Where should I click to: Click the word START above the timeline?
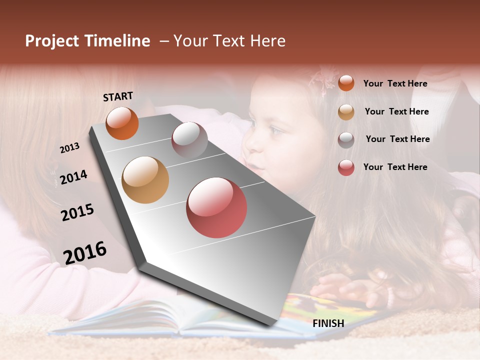tap(118, 96)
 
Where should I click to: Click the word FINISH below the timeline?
tap(328, 323)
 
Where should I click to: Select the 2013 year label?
tap(69, 147)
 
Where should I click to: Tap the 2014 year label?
tap(73, 177)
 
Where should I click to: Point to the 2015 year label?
tap(77, 212)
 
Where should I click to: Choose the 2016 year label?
tap(84, 252)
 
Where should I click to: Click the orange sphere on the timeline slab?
tap(122, 123)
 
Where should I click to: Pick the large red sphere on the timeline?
tap(216, 207)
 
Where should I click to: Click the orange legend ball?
tap(346, 83)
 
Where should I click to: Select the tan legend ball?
tap(346, 112)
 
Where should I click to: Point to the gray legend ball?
tap(346, 140)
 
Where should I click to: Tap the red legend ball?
tap(346, 167)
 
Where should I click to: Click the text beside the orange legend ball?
tap(395, 83)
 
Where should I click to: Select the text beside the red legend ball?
tap(395, 167)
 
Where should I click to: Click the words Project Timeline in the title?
tap(87, 41)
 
